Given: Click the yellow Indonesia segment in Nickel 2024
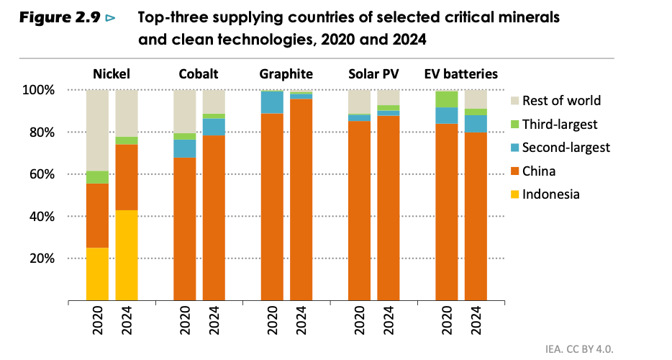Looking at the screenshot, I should pyautogui.click(x=127, y=255).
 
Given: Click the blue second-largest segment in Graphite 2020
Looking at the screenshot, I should pyautogui.click(x=272, y=102).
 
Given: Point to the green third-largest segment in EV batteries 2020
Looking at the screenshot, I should pyautogui.click(x=447, y=99).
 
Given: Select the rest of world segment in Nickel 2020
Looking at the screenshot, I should pyautogui.click(x=97, y=130).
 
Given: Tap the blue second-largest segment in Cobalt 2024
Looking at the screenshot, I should pyautogui.click(x=214, y=127).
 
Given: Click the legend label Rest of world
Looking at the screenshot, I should pyautogui.click(x=561, y=101).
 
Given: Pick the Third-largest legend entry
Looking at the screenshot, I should pyautogui.click(x=560, y=124).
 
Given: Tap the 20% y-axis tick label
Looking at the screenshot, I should pyautogui.click(x=42, y=258).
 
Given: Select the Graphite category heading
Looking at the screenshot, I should pyautogui.click(x=286, y=74).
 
